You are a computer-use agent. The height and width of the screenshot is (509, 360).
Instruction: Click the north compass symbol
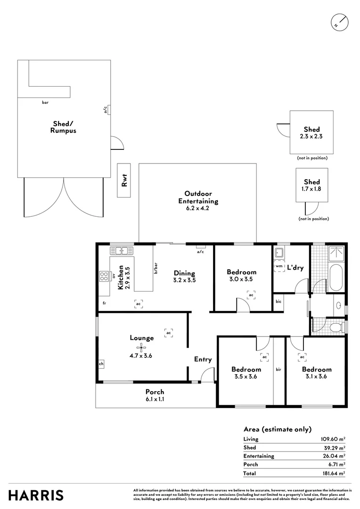339,22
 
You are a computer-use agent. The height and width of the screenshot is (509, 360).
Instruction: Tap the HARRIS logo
36,495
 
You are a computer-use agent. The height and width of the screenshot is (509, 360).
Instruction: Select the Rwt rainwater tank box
125,181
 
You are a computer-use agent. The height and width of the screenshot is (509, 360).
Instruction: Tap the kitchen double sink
122,250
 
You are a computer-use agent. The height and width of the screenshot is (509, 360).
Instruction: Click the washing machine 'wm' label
279,266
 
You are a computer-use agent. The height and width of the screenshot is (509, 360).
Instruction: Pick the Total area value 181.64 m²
333,473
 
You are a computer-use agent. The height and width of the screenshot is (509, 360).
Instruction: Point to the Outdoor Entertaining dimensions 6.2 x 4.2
197,208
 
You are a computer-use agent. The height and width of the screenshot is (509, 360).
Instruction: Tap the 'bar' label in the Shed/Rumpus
45,102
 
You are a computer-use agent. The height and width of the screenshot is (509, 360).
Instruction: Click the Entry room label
203,360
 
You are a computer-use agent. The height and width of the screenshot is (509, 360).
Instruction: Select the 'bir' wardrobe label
279,369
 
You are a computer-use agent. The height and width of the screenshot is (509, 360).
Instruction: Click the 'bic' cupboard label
279,301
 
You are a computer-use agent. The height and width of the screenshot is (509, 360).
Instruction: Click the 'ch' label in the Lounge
101,364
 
